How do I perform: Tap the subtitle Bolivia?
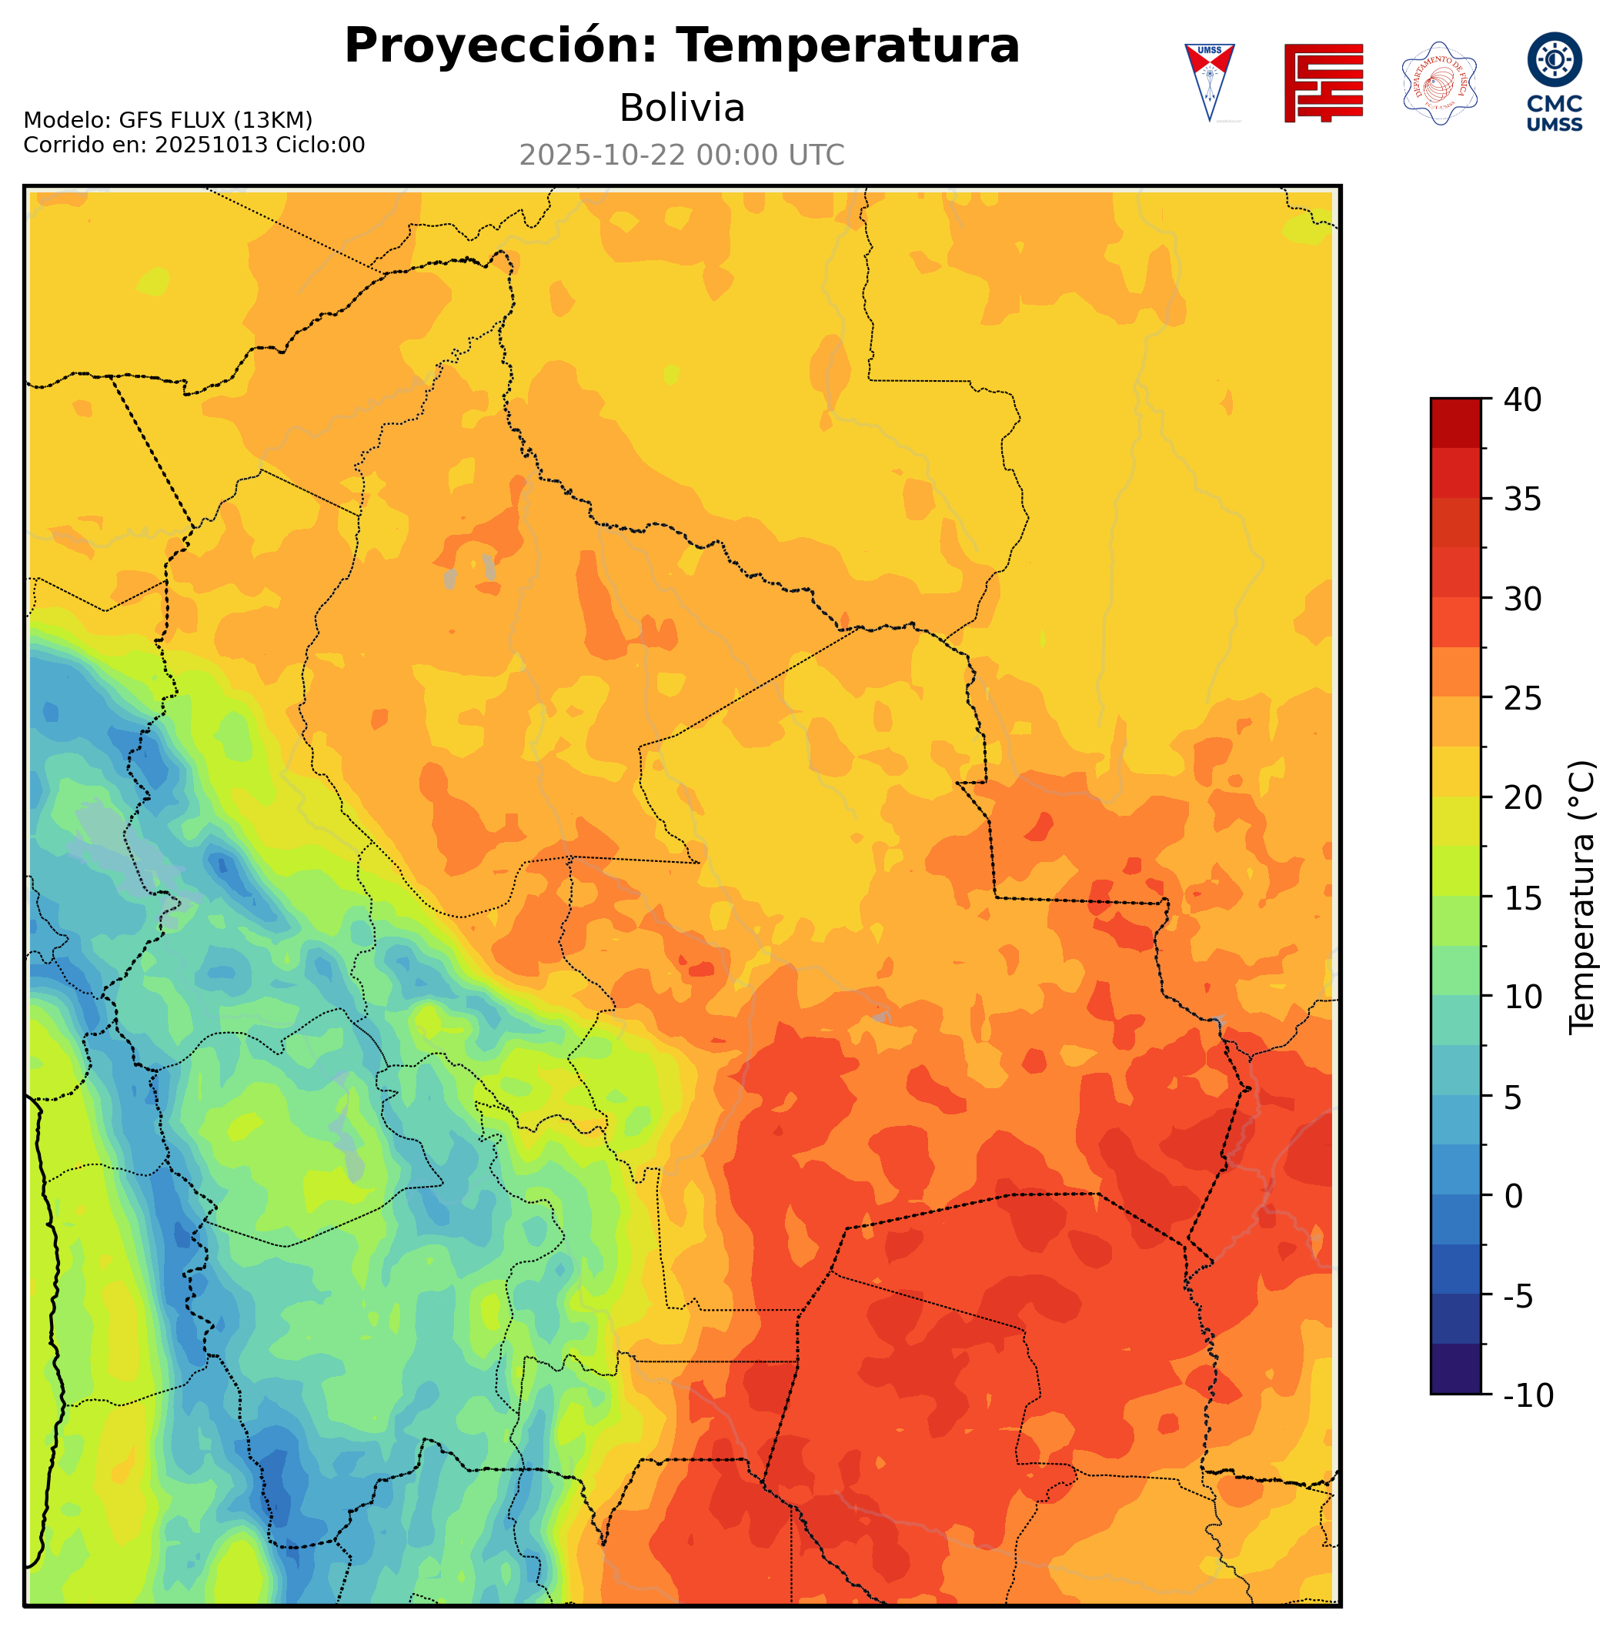pyautogui.click(x=682, y=108)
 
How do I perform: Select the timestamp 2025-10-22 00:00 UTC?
pyautogui.click(x=682, y=155)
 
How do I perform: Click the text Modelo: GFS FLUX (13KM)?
pyautogui.click(x=168, y=120)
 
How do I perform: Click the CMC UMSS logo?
pyautogui.click(x=1554, y=82)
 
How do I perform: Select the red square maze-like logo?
pyautogui.click(x=1323, y=82)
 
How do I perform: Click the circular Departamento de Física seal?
pyautogui.click(x=1439, y=82)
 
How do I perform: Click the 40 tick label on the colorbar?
pyautogui.click(x=1523, y=400)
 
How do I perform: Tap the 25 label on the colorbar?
pyautogui.click(x=1523, y=699)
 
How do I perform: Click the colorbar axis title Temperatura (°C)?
pyautogui.click(x=1582, y=897)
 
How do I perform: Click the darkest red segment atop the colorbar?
pyautogui.click(x=1455, y=422)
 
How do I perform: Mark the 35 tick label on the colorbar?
pyautogui.click(x=1523, y=499)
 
